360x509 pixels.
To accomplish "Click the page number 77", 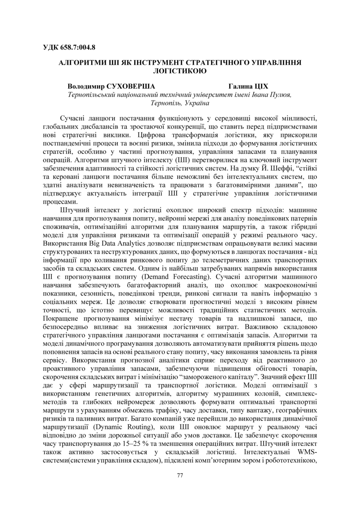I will [180, 475].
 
